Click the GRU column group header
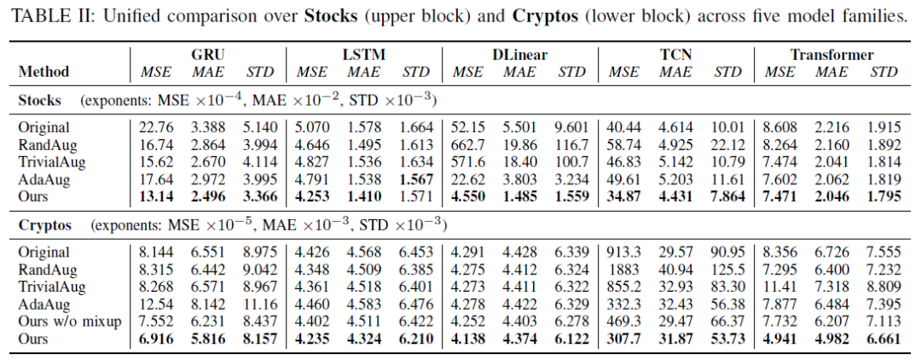208,55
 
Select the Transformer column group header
831,55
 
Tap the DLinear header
520,55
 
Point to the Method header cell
44,72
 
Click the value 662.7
467,144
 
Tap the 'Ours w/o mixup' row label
69,322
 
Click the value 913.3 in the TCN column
624,253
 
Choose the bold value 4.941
779,339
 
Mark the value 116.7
571,144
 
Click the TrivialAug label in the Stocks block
52,161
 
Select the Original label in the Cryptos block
43,253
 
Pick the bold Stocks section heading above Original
39,101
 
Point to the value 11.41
779,287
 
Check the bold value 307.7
624,339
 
